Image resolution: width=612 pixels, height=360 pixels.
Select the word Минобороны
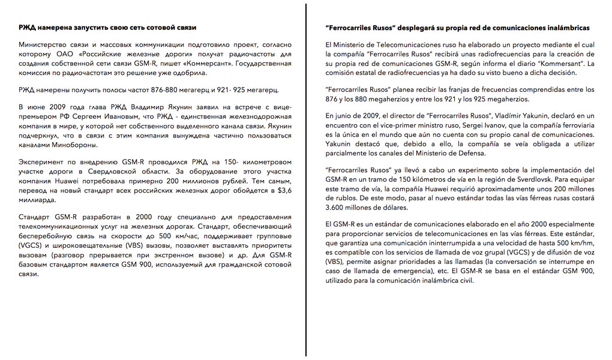[x=74, y=145]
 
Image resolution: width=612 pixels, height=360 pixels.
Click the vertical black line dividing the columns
[x=306, y=180]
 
